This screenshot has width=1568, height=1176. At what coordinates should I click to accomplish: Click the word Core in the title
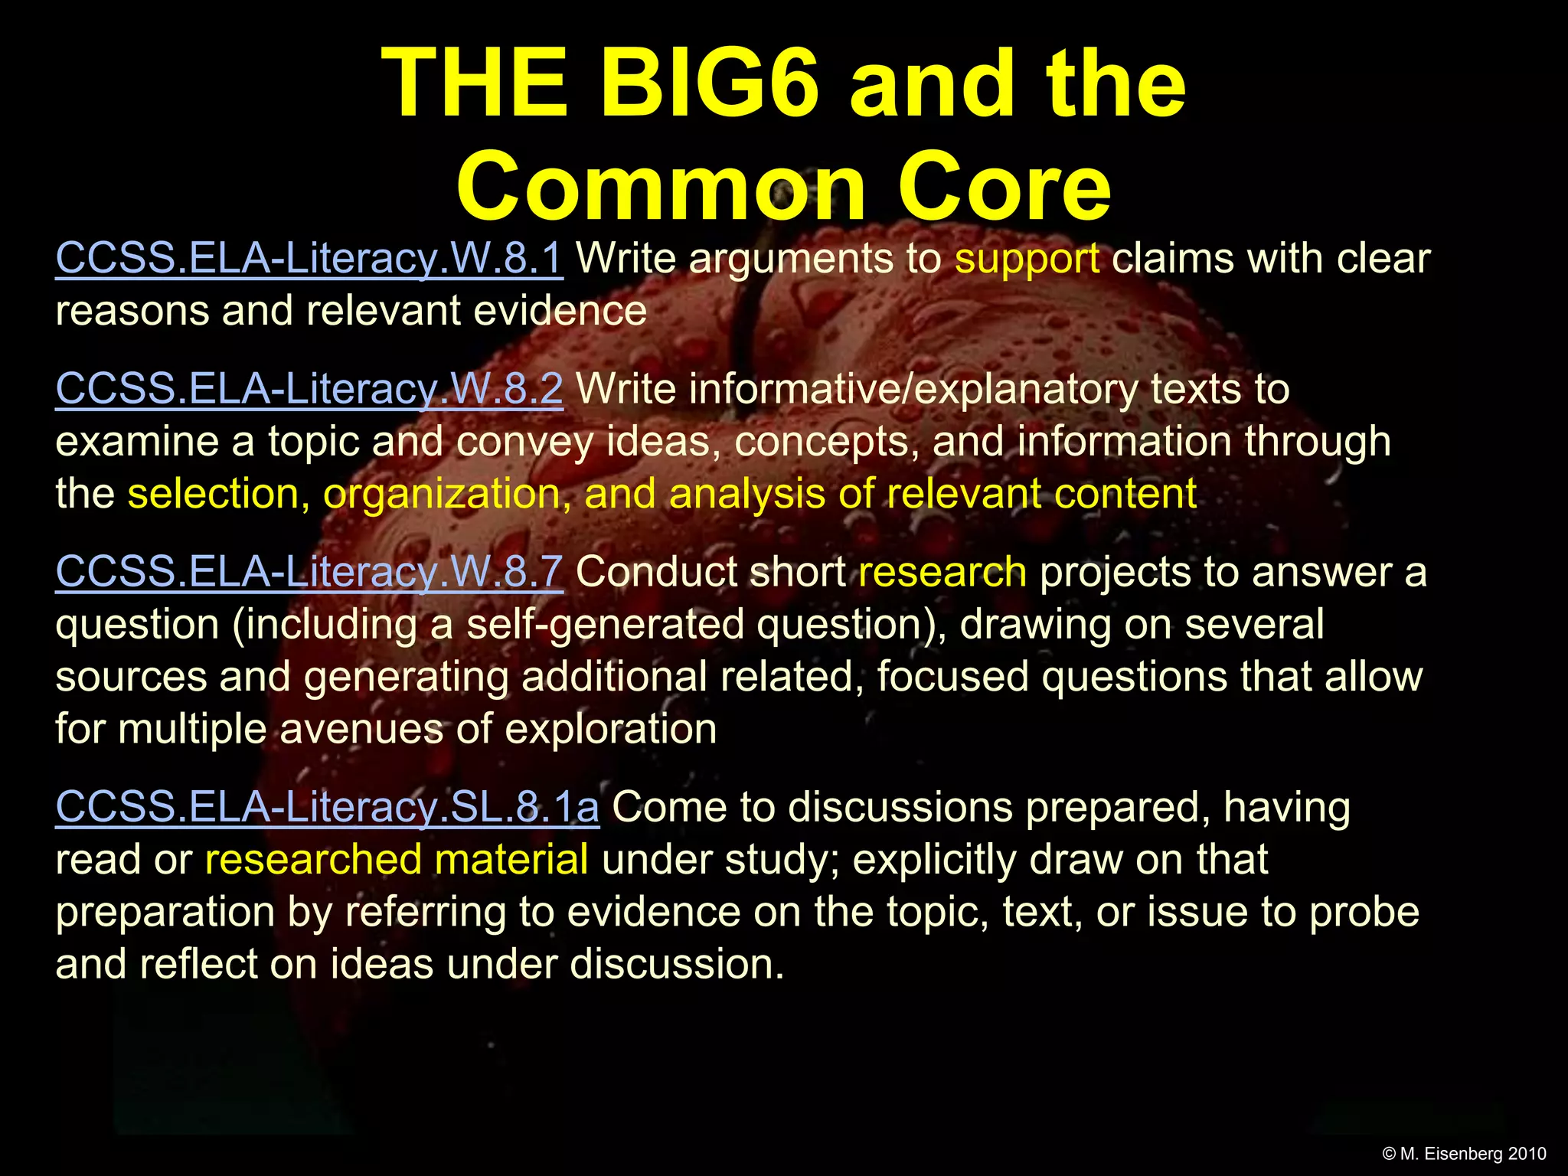tap(1004, 188)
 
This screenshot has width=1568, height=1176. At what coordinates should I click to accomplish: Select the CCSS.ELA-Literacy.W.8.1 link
tap(309, 259)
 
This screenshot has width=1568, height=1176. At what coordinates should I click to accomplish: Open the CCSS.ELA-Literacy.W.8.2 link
tap(309, 389)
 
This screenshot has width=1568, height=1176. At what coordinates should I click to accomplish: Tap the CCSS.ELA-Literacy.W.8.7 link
tap(309, 572)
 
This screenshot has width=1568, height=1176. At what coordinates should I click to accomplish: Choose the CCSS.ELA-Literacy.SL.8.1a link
tap(327, 807)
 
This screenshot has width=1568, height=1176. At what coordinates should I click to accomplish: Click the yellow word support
tap(1027, 259)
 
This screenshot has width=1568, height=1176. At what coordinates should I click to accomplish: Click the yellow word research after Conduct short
tap(942, 572)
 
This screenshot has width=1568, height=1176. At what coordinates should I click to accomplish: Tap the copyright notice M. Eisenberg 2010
tap(1464, 1154)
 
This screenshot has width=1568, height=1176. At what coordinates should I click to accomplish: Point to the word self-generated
tap(605, 625)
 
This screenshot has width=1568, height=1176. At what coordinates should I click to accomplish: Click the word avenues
tap(361, 728)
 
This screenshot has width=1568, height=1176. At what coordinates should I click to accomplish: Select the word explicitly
tap(933, 859)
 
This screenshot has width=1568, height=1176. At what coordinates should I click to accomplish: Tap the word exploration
tap(610, 728)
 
